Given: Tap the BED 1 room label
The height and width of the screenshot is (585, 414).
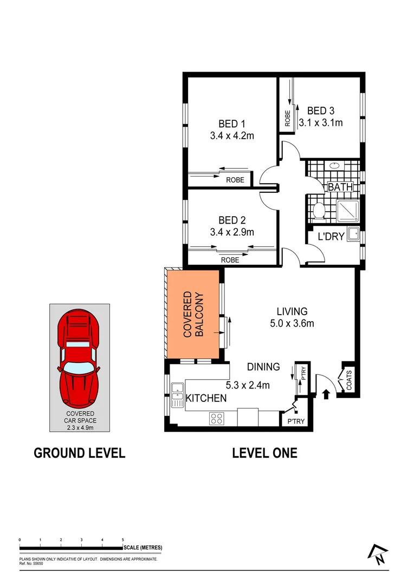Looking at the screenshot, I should pos(232,123).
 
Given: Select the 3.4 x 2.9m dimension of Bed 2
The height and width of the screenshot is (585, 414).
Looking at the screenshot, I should pos(232,232).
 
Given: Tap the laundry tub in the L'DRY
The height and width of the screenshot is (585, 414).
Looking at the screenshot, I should pos(353,234).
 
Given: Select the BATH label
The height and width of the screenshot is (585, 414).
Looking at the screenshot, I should pos(340,187).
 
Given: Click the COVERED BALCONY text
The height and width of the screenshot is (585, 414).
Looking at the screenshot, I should pos(193,315).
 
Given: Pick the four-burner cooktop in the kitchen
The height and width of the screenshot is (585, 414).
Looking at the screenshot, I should pos(217,418).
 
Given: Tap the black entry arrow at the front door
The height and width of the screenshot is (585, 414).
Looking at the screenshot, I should pos(326,394).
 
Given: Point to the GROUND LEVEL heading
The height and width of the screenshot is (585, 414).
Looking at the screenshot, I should pos(80,453).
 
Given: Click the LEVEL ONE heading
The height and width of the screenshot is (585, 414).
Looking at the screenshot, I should pos(264,453).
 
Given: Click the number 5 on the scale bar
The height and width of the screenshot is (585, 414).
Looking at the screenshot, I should pos(123,540).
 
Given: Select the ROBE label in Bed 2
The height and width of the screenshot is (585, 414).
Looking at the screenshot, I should pos(230,260).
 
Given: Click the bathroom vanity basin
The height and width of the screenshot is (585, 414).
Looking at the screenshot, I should pos(334,165).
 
